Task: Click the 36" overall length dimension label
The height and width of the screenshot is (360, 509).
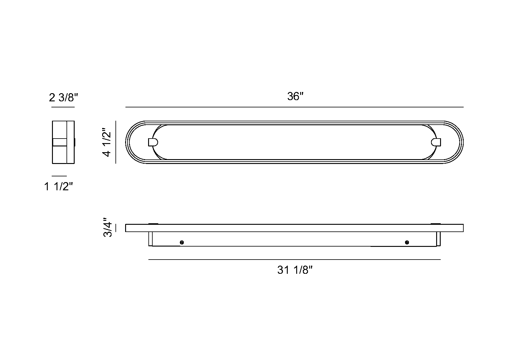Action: click(x=295, y=96)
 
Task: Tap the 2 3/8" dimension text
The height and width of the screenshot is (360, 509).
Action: click(x=63, y=97)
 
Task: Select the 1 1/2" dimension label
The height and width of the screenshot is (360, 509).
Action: click(x=58, y=186)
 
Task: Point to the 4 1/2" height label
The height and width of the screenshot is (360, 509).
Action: click(x=106, y=142)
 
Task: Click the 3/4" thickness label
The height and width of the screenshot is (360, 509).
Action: click(x=108, y=227)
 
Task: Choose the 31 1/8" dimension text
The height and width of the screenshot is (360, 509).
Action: click(x=295, y=270)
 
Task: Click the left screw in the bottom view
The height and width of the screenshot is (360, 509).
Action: click(x=182, y=242)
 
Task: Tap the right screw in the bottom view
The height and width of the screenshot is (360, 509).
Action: click(x=407, y=242)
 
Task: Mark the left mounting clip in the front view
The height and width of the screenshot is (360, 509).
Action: click(x=153, y=142)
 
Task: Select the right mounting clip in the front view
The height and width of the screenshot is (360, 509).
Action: click(x=436, y=142)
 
